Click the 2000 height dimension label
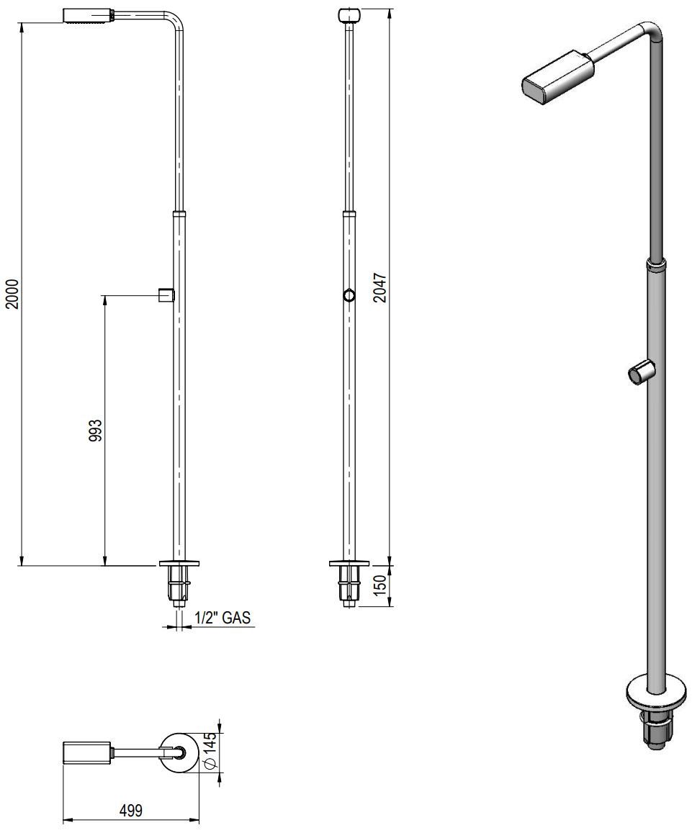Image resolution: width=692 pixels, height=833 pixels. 13,293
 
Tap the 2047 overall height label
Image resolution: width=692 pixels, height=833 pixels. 380,287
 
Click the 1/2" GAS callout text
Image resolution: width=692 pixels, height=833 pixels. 223,617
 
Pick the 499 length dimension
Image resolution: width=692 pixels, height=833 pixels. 130,811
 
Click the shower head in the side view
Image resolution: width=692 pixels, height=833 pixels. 88,15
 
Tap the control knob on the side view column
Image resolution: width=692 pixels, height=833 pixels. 166,294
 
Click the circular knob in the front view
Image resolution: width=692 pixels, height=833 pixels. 349,295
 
